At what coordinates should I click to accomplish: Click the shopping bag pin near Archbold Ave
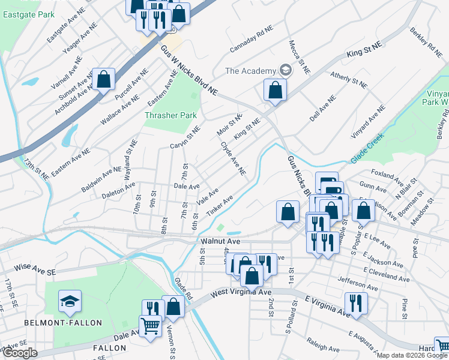(104, 80)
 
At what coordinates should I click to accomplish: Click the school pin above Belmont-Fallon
(70, 301)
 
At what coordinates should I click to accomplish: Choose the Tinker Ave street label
(219, 206)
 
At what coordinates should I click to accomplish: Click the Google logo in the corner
(19, 353)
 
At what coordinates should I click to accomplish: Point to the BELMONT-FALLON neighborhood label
(63, 323)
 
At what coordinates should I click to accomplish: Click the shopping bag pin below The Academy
(274, 91)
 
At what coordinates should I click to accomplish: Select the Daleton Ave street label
(118, 188)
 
